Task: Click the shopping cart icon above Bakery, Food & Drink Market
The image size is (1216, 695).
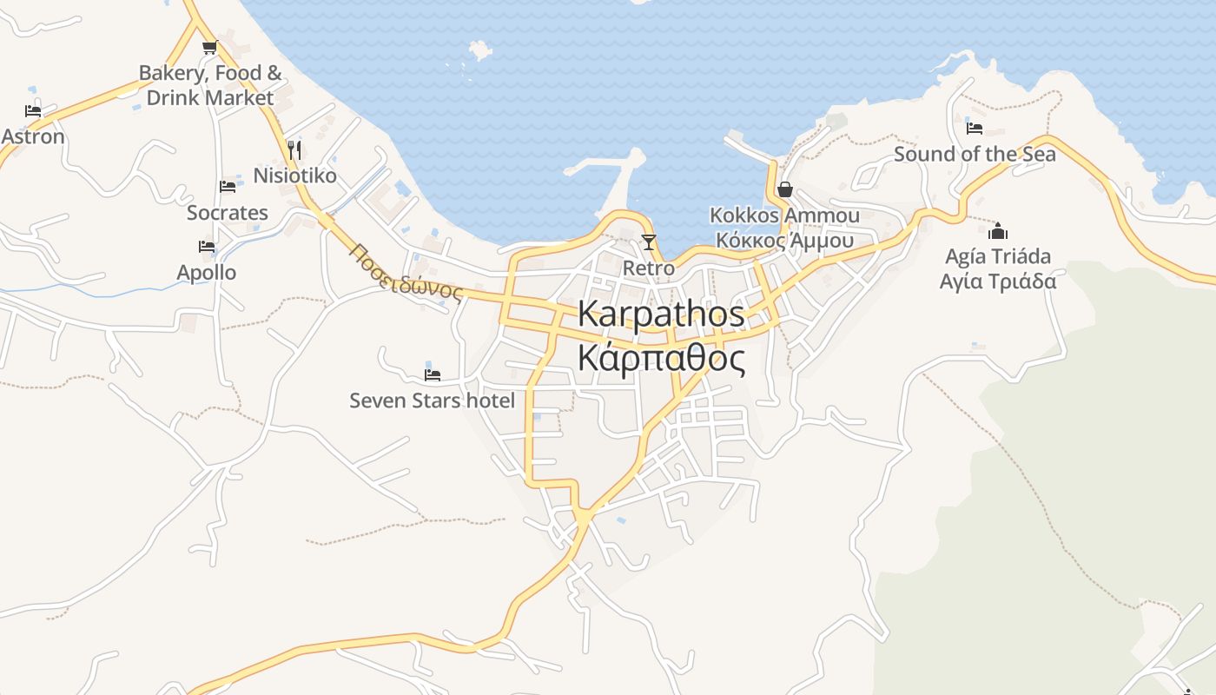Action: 208,48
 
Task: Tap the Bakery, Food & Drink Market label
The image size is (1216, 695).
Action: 210,85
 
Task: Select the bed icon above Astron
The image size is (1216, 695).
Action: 33,111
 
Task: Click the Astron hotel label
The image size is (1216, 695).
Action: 33,136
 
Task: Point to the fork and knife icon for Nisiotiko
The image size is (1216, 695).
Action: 294,150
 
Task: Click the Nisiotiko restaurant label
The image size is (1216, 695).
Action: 294,175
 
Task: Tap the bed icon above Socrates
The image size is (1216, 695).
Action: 228,187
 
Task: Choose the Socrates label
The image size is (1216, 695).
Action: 228,213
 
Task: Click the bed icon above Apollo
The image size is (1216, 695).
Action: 207,248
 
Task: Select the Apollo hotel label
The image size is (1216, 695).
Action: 207,273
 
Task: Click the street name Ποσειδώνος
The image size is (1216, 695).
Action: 406,272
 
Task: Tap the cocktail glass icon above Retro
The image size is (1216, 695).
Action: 648,242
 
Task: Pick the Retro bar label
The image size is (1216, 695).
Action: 648,268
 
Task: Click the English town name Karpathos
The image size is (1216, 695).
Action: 661,314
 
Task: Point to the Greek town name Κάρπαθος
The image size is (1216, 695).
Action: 661,357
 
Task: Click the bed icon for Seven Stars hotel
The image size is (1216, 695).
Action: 432,375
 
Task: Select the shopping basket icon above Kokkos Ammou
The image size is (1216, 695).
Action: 785,189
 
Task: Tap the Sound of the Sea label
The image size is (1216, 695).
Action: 975,155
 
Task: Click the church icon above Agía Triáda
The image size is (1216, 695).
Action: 998,231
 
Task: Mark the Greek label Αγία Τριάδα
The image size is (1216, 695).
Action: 998,281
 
